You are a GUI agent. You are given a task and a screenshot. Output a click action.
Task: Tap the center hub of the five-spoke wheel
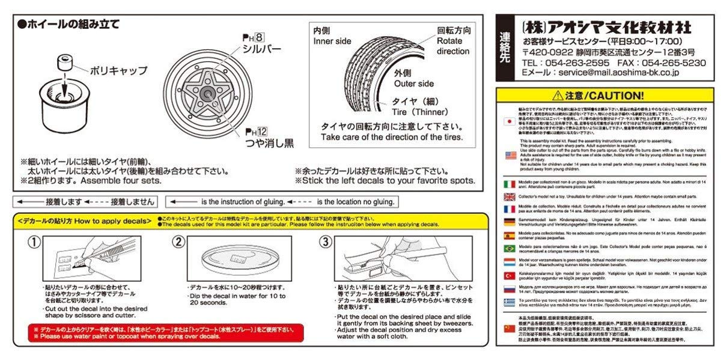(x=207, y=93)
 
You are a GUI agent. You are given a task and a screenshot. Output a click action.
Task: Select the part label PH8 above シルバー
(x=251, y=37)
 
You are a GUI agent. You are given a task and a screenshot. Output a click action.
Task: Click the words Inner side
(x=332, y=41)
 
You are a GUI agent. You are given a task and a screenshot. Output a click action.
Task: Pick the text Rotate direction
(x=453, y=46)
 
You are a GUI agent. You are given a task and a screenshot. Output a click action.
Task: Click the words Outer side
(x=414, y=84)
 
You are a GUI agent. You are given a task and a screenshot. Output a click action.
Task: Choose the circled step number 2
(x=178, y=242)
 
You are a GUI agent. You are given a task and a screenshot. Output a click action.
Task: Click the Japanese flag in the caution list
(x=510, y=122)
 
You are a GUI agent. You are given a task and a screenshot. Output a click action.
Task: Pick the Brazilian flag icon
(x=510, y=248)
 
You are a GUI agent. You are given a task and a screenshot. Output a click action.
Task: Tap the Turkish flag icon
(x=510, y=275)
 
